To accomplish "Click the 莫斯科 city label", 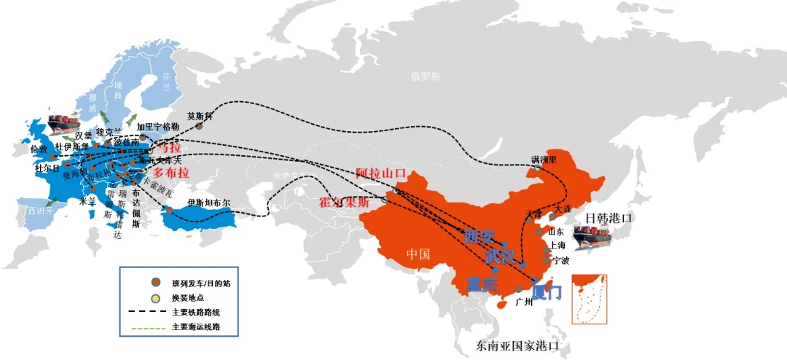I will [x=199, y=115].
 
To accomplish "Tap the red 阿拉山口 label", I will [x=380, y=173].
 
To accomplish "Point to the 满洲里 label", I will [x=544, y=159].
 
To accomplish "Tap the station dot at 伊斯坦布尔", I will [x=169, y=210].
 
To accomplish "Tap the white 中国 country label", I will [x=418, y=254].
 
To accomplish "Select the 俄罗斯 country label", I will [x=426, y=76].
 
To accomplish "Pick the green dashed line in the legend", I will [x=148, y=328].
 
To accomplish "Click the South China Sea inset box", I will [x=591, y=298].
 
